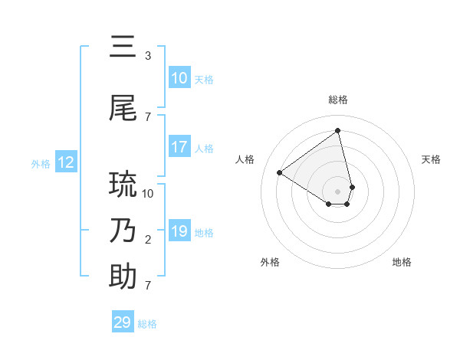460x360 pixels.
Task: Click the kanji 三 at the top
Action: click(x=123, y=47)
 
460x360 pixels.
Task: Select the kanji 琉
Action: click(x=123, y=185)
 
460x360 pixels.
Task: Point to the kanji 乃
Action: click(x=123, y=230)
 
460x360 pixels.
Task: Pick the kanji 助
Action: click(x=123, y=277)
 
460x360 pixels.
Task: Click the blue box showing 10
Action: click(x=179, y=78)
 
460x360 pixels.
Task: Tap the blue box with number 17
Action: click(x=179, y=147)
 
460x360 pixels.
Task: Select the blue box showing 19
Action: click(x=179, y=231)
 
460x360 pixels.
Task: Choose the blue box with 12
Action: click(x=65, y=162)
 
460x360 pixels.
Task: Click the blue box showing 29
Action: click(x=123, y=322)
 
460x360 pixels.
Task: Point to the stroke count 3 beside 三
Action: click(x=148, y=55)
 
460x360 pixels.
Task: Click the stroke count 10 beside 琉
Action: click(x=148, y=193)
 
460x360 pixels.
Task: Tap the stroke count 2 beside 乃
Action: click(x=148, y=240)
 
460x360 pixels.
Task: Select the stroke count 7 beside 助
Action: click(x=148, y=286)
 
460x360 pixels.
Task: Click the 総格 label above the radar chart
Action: click(x=338, y=100)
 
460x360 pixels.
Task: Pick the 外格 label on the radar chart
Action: click(x=270, y=262)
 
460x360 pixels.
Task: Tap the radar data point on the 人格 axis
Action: click(x=280, y=172)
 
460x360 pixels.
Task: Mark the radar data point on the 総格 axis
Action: click(x=338, y=130)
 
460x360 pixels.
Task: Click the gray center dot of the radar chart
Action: click(x=338, y=191)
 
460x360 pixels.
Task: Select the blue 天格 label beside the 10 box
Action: click(x=204, y=79)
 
